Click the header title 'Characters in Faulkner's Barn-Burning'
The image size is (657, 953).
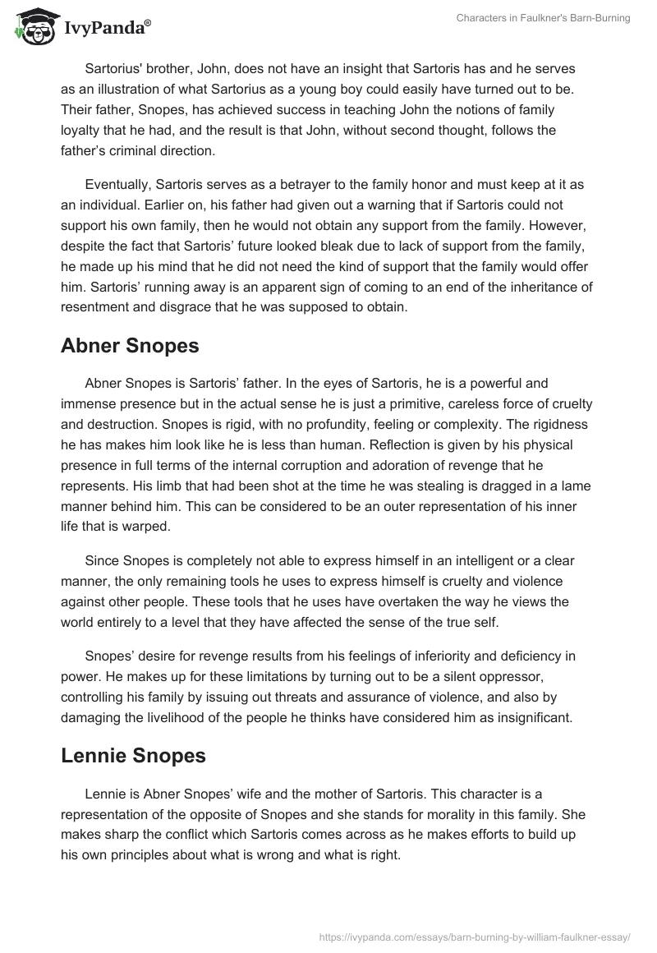point(543,18)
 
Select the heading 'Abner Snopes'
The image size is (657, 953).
point(130,346)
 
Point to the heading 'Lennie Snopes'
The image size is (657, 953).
point(133,756)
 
